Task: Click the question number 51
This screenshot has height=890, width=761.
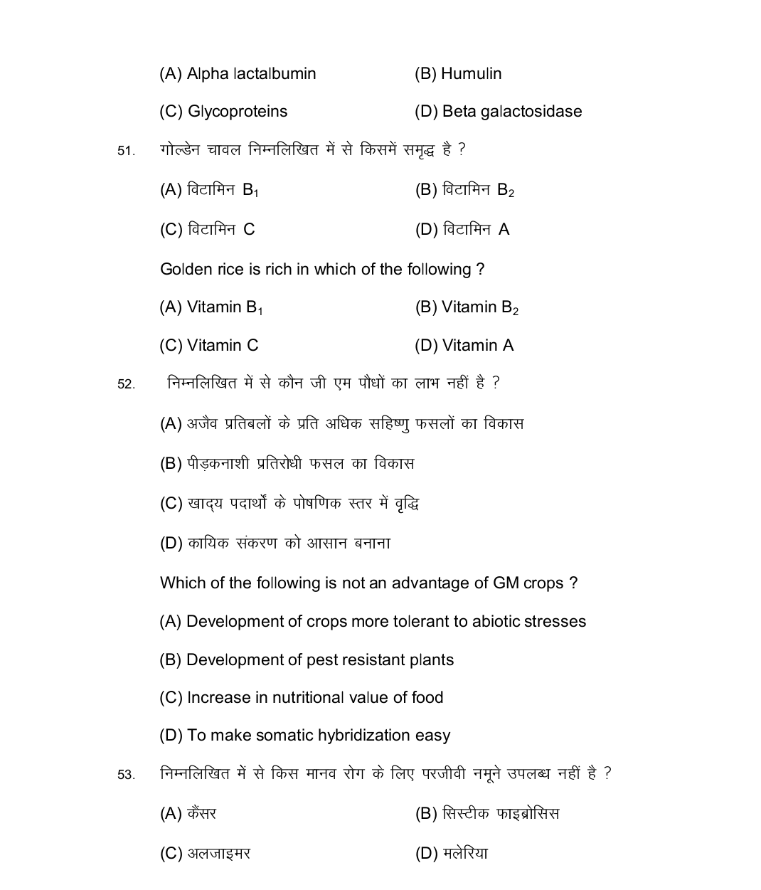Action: (x=126, y=151)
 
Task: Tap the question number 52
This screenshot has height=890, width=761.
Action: (x=126, y=384)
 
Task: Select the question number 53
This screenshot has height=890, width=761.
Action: (x=126, y=775)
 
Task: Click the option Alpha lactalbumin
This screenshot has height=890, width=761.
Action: (x=251, y=74)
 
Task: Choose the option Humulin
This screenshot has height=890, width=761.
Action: (x=471, y=74)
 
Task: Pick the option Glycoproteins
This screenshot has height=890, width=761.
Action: (x=237, y=112)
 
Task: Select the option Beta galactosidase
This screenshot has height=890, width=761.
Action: (x=511, y=112)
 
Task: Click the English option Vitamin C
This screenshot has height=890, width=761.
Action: (x=223, y=346)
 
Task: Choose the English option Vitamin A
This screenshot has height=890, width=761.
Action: (x=477, y=346)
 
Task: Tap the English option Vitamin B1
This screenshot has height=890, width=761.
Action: (x=225, y=307)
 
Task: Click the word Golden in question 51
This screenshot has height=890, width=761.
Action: (x=183, y=270)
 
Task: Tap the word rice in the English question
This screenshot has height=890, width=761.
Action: (x=229, y=270)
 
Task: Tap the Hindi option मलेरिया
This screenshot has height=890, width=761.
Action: (x=465, y=854)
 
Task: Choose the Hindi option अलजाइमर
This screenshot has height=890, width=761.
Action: (x=219, y=854)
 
